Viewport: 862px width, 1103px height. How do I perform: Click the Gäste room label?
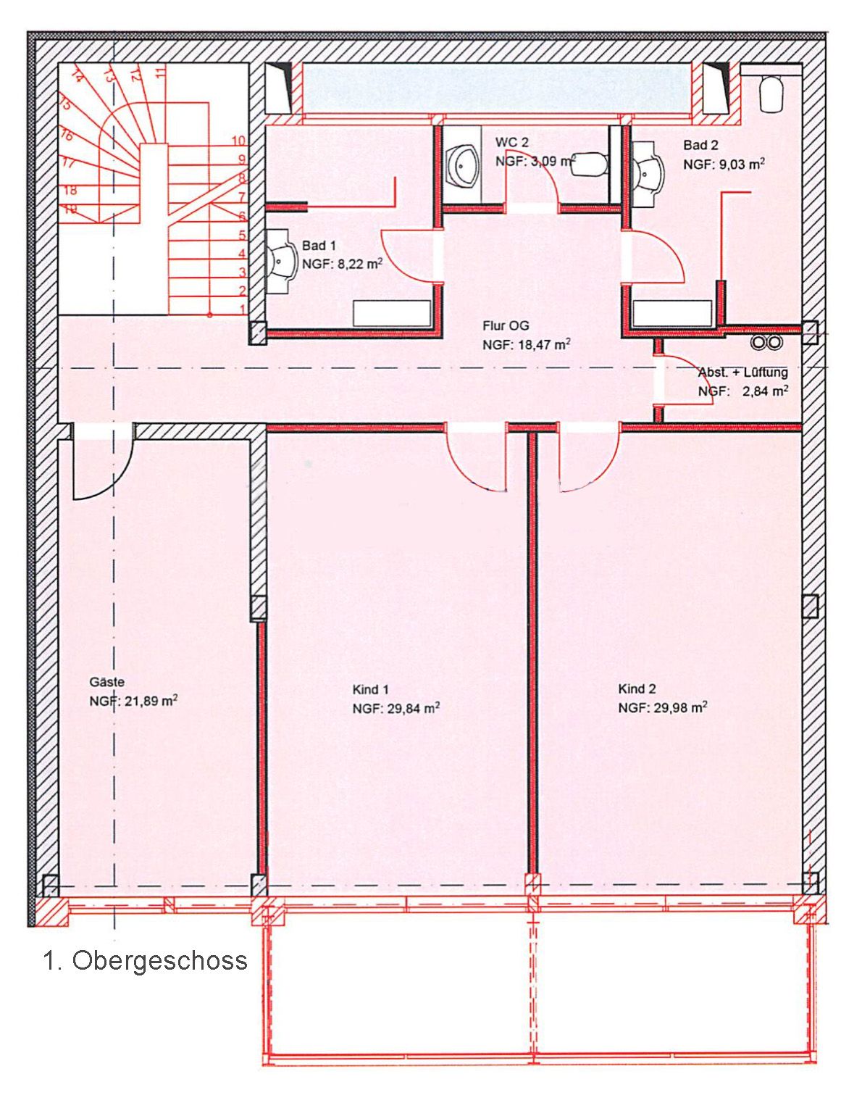pos(106,682)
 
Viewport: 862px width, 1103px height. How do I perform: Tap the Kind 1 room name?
pos(370,689)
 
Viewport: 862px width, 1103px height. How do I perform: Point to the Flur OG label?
pos(506,325)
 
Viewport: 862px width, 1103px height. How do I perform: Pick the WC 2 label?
pos(511,143)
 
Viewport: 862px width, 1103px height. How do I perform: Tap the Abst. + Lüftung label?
pos(742,372)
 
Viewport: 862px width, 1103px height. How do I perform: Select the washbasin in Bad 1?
pos(282,261)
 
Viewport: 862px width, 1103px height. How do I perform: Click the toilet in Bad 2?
pos(771,93)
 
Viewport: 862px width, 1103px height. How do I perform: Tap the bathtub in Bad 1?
pos(392,313)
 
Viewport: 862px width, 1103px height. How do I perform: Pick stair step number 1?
pos(242,309)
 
